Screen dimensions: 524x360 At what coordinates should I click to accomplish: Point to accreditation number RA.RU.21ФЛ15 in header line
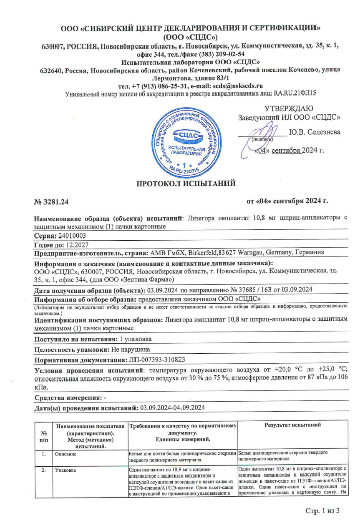(x=294, y=93)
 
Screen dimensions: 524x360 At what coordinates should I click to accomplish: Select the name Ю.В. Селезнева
(x=314, y=132)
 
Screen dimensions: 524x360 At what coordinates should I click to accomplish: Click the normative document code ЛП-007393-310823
(x=158, y=360)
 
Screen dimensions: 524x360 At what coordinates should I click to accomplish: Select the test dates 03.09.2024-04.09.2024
(x=172, y=407)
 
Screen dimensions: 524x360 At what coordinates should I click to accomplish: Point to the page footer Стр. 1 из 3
(x=323, y=510)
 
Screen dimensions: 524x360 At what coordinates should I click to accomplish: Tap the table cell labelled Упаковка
(x=67, y=470)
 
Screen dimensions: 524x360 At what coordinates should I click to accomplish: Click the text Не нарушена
(x=130, y=349)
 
